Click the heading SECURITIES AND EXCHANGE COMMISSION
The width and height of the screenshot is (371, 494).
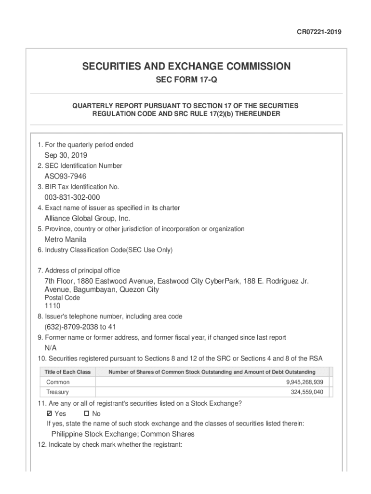pos(186,67)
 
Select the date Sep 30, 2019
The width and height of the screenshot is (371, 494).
pos(66,155)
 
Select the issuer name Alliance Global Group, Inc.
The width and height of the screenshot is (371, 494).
pos(87,219)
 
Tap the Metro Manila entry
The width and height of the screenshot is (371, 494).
pos(66,240)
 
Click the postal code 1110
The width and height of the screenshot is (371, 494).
pos(53,306)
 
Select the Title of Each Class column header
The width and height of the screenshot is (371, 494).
pos(67,372)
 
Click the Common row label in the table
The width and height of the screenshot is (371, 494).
pos(58,382)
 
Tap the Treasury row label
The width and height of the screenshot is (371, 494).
pos(57,392)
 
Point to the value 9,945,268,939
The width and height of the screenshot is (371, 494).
pos(305,382)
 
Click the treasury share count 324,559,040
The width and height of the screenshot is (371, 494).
pos(307,392)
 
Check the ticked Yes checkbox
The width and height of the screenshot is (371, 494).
pos(49,413)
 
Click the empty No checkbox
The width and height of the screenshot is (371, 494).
pos(87,413)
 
